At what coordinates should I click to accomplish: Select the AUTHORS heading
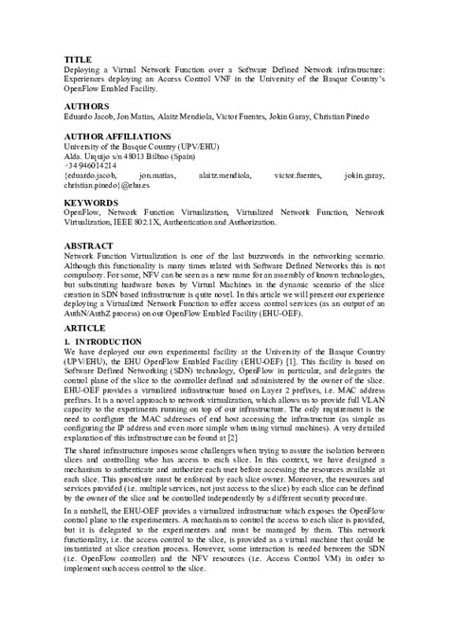[x=85, y=105]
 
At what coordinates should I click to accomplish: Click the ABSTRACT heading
[x=88, y=245]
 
